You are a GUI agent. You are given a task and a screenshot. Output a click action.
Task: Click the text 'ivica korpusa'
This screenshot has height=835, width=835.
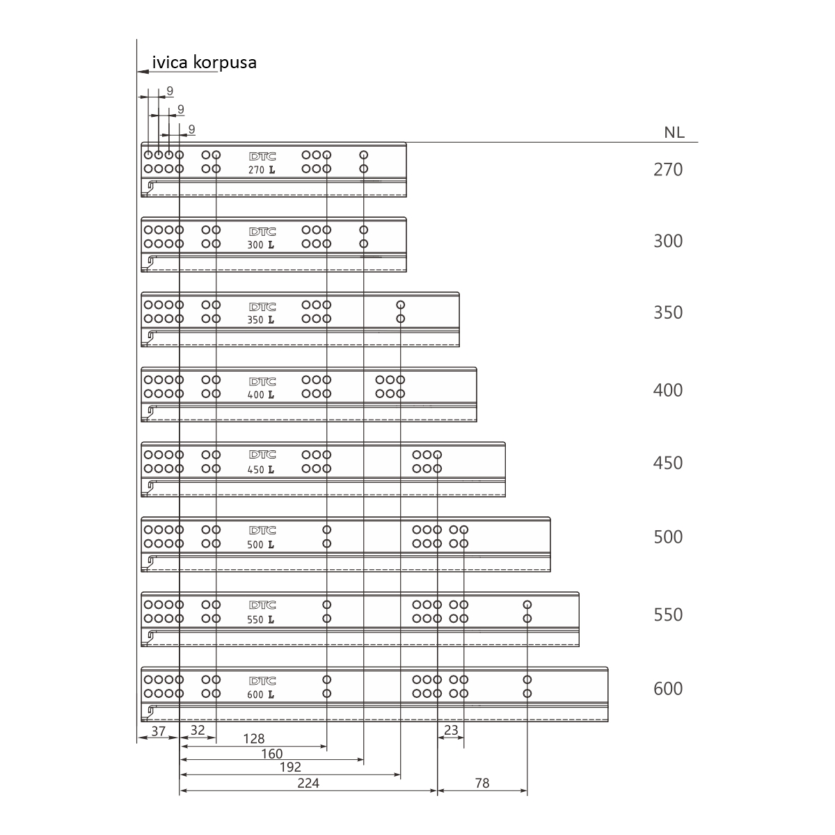coord(204,63)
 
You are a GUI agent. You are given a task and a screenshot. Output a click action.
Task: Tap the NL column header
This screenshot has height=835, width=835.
coord(674,133)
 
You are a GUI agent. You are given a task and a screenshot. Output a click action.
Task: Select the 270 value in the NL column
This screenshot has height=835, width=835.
coord(668,169)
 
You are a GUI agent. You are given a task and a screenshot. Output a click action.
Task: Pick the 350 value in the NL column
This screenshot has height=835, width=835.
coord(668,312)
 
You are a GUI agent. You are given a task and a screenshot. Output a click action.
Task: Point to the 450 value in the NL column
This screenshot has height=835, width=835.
coord(668,463)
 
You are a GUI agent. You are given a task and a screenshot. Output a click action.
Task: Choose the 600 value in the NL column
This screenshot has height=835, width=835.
coord(668,688)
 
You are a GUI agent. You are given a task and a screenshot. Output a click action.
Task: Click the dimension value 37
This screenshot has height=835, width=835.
coord(158,731)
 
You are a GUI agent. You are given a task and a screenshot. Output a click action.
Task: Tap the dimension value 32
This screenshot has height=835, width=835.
coord(198,730)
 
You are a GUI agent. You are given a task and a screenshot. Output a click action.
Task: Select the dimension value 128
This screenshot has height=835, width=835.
coord(253,738)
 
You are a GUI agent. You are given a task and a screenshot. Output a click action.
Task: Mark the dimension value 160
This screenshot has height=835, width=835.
coord(271,754)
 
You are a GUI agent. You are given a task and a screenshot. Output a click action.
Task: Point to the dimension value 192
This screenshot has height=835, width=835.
coord(290,767)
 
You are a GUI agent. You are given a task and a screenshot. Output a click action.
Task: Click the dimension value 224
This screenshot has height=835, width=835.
coord(308,783)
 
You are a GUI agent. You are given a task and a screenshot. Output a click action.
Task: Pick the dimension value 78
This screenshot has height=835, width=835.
coord(482,783)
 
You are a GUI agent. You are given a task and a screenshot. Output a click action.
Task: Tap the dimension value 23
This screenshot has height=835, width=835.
coord(451,730)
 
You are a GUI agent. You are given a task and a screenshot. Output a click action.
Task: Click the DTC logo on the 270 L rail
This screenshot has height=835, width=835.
coord(262,157)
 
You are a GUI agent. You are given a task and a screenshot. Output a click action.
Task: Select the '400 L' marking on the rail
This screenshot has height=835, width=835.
coord(261,395)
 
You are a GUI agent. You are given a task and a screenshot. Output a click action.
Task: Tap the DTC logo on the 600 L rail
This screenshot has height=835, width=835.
coord(262,681)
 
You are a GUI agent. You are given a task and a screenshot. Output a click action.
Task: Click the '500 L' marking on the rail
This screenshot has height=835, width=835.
coord(261,545)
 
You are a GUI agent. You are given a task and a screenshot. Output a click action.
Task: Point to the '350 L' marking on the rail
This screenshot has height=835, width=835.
coord(261,320)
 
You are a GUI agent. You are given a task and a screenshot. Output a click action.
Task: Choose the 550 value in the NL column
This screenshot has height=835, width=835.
coord(668,614)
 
